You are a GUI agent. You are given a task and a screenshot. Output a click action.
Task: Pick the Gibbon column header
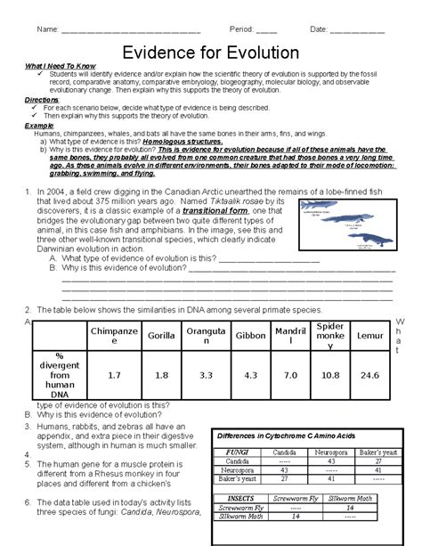[249, 335]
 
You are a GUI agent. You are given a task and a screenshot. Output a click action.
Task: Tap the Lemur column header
[372, 335]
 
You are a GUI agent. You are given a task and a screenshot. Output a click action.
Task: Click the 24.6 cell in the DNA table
[372, 377]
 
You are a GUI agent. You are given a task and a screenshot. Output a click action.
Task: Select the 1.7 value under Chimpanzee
[113, 377]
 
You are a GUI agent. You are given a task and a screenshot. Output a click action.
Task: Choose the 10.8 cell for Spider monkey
[330, 377]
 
